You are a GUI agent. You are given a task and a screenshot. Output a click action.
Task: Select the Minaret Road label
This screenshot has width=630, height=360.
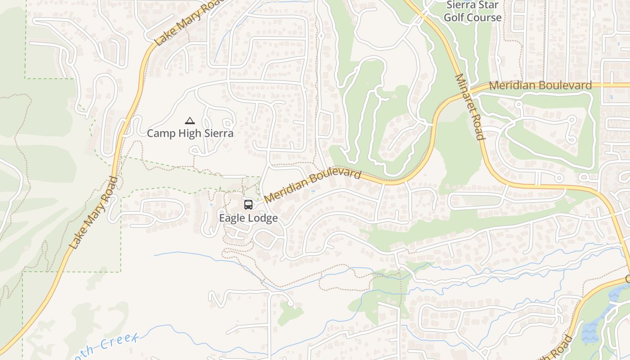click(469, 107)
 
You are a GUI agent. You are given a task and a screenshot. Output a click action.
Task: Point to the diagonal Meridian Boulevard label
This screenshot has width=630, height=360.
click(313, 185)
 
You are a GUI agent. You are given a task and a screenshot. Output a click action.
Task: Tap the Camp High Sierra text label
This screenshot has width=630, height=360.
click(190, 133)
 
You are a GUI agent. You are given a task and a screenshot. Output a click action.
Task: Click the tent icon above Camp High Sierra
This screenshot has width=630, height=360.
click(190, 121)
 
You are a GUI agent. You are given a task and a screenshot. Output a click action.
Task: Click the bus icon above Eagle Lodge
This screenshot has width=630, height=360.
click(248, 205)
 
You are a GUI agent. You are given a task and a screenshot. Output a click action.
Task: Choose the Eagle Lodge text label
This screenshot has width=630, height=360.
click(248, 218)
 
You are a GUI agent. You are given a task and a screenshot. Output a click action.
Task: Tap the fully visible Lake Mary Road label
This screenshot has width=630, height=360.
click(94, 213)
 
